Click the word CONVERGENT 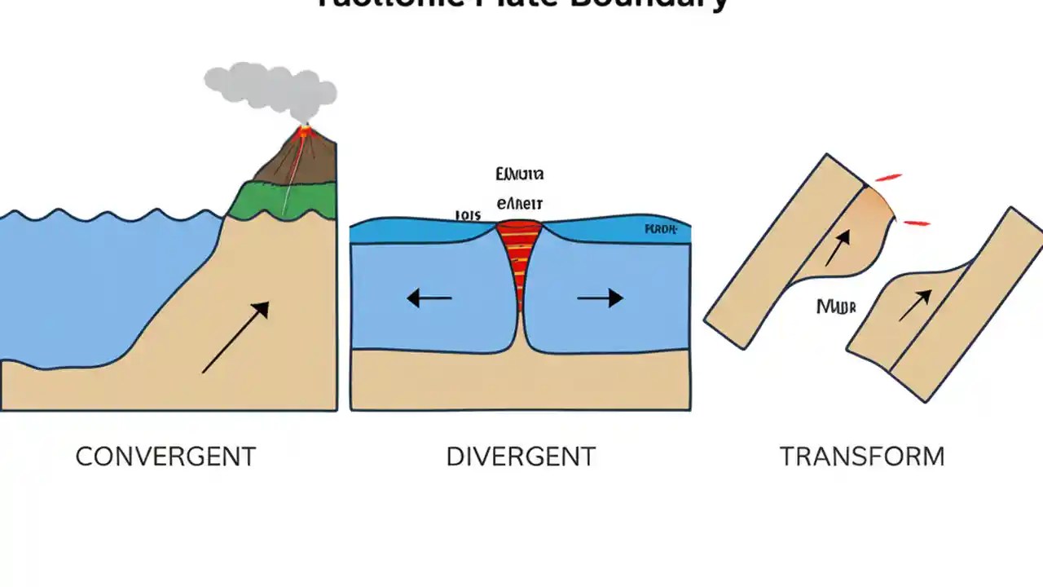pyautogui.click(x=165, y=457)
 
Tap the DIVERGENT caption pyautogui.click(x=521, y=457)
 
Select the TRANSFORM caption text pyautogui.click(x=862, y=457)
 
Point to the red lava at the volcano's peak pyautogui.click(x=306, y=130)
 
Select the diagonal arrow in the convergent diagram pyautogui.click(x=235, y=337)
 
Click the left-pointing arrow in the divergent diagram pyautogui.click(x=429, y=298)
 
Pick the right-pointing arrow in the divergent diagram pyautogui.click(x=601, y=298)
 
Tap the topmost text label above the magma pyautogui.click(x=519, y=174)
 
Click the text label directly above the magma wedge pyautogui.click(x=519, y=204)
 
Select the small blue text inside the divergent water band pyautogui.click(x=661, y=229)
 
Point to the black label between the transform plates pyautogui.click(x=836, y=307)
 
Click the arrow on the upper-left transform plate pyautogui.click(x=838, y=248)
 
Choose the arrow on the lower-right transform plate pyautogui.click(x=914, y=306)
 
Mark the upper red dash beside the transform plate pyautogui.click(x=889, y=177)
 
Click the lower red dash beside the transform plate pyautogui.click(x=917, y=222)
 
